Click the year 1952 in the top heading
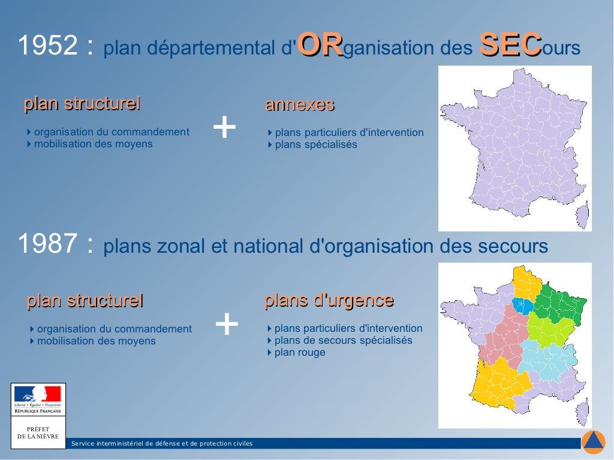pos(48,47)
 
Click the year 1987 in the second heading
pos(47,244)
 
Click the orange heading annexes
pos(299,105)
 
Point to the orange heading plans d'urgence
pos(329,300)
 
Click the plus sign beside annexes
pos(224,128)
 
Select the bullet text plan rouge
pos(300,352)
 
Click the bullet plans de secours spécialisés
pos(343,340)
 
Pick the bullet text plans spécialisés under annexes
pos(316,144)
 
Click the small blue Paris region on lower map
pos(522,306)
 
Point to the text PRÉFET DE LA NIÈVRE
pos(38,432)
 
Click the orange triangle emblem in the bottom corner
pos(594,442)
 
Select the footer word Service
pos(83,444)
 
